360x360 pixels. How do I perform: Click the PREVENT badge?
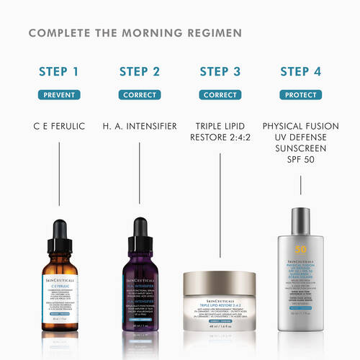pos(60,94)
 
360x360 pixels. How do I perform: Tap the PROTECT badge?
pos(301,94)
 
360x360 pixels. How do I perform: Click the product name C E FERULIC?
pos(60,126)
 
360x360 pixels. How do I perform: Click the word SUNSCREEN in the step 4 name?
pos(301,149)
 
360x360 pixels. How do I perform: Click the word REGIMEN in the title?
pos(217,33)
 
